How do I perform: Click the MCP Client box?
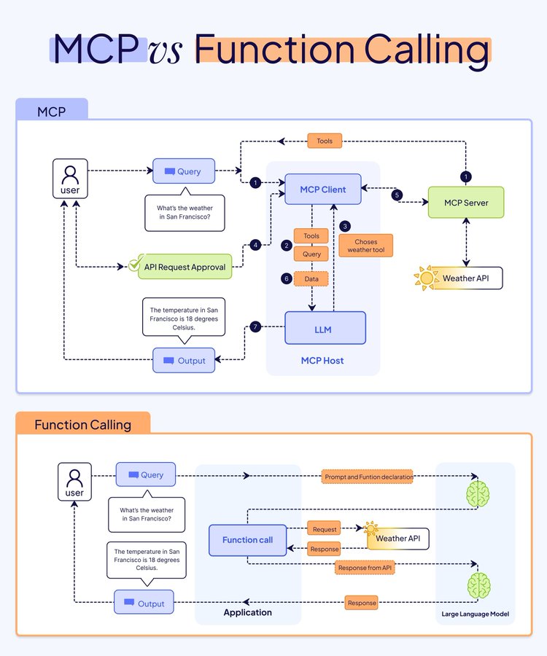pos(322,190)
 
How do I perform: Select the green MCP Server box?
pos(465,203)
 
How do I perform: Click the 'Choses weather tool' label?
pos(365,246)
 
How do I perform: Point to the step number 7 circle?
pos(255,327)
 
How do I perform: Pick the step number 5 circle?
pos(397,195)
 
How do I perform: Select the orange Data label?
pos(311,278)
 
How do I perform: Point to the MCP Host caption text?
pos(322,361)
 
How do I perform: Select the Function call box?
pos(247,540)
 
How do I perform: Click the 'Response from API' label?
pos(365,568)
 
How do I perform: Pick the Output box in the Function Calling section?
pos(144,603)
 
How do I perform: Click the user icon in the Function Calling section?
pos(74,482)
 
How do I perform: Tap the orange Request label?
pos(325,530)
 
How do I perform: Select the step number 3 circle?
pos(345,226)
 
